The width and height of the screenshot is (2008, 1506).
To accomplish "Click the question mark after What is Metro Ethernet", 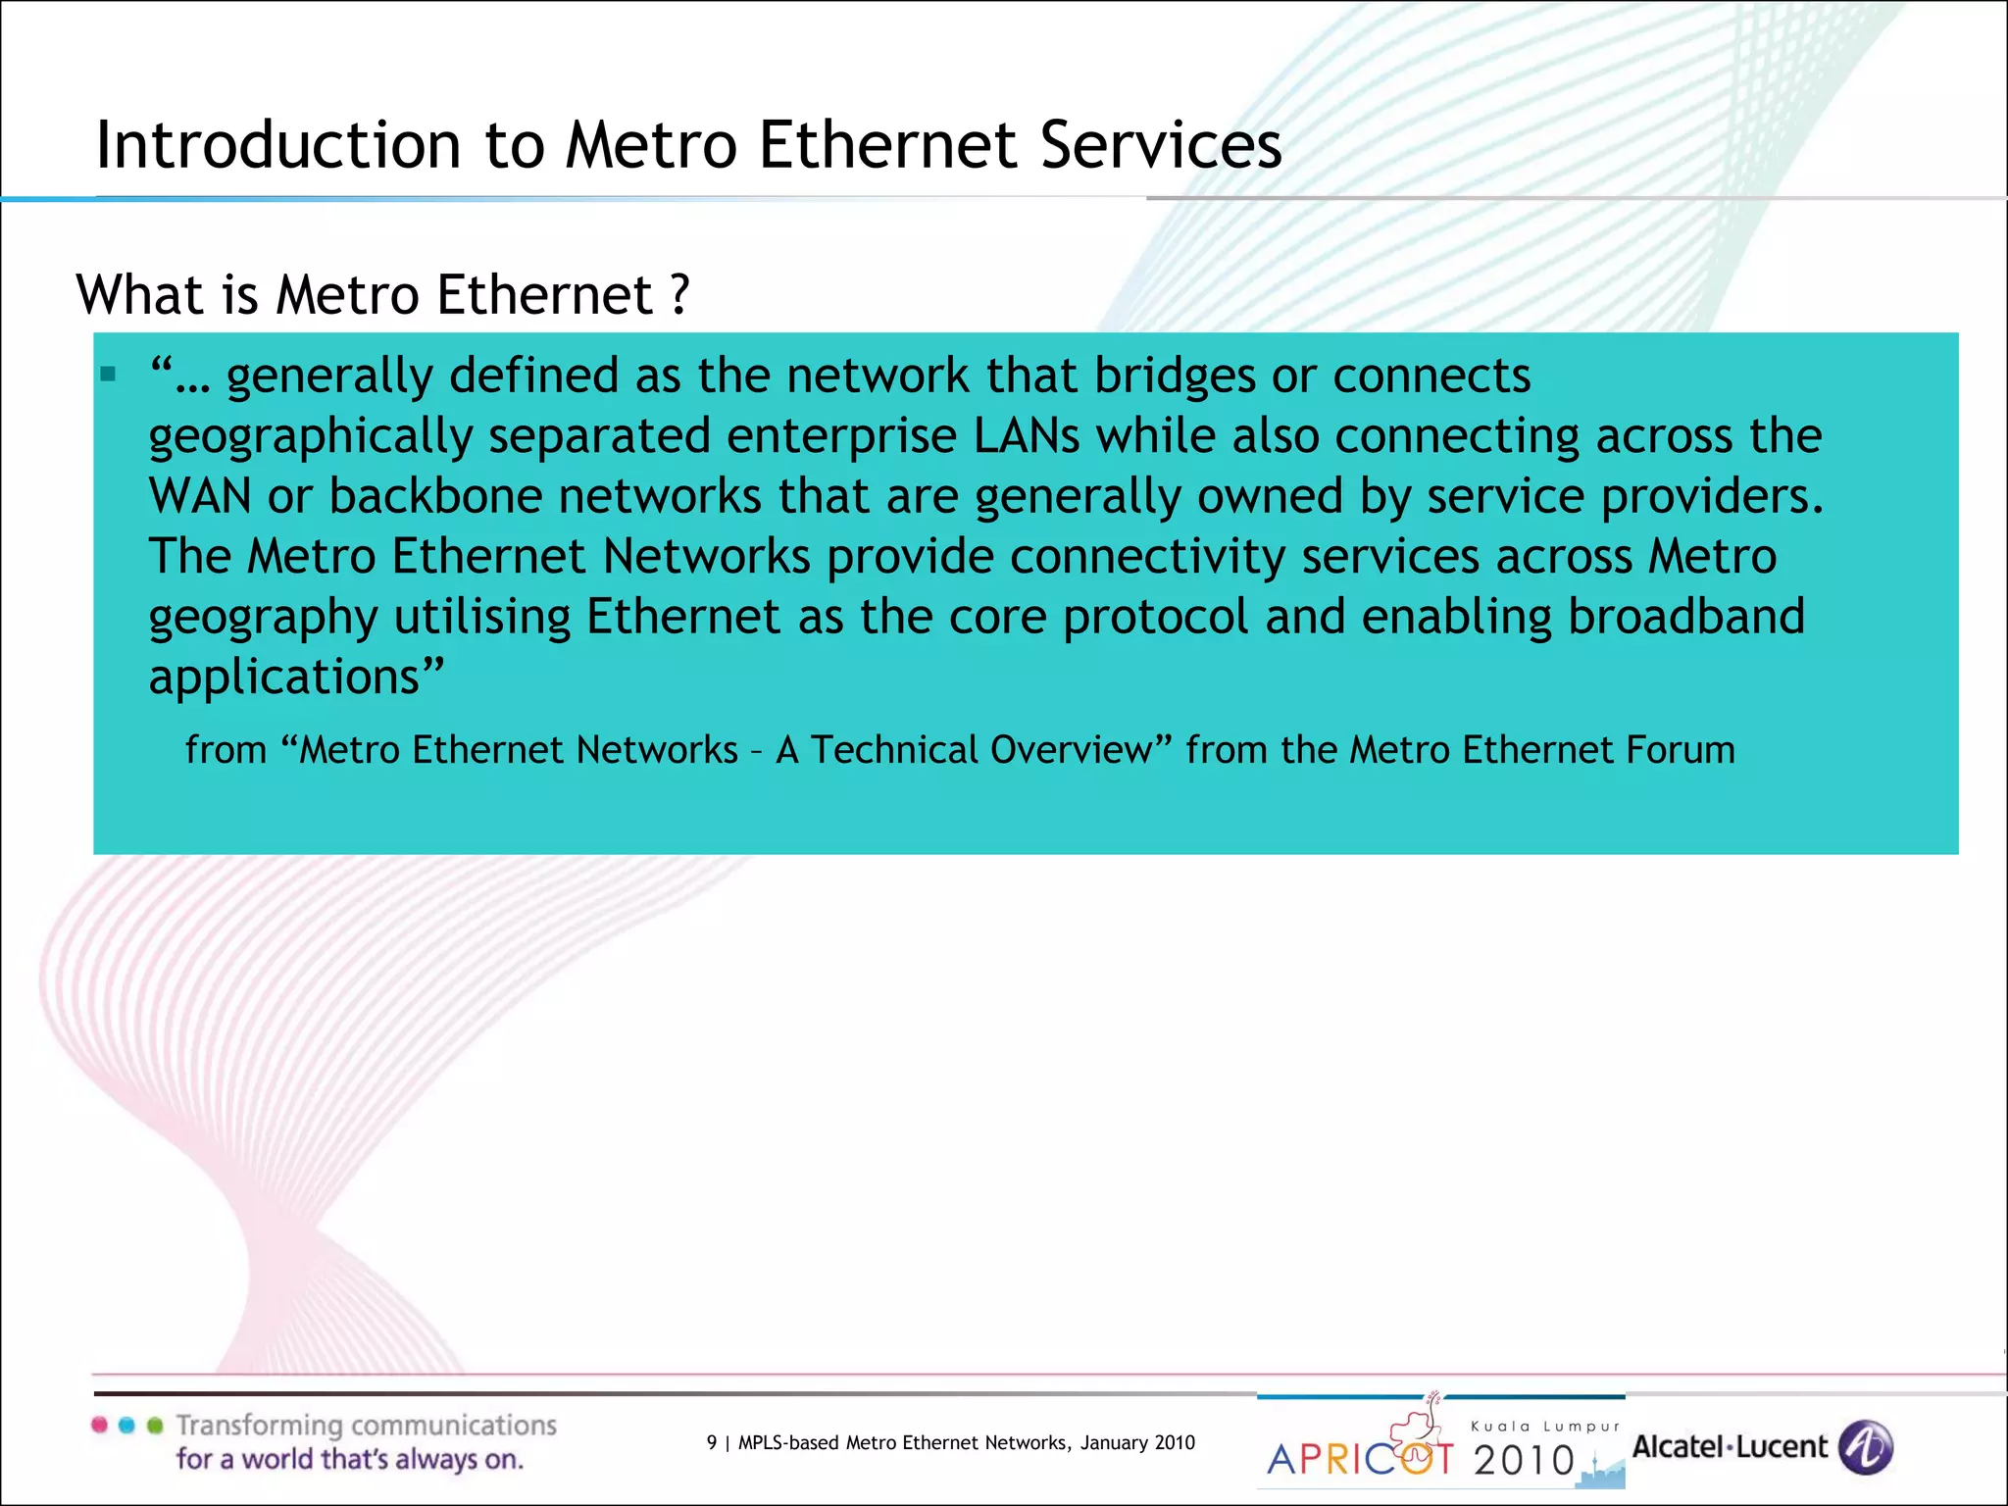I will [679, 294].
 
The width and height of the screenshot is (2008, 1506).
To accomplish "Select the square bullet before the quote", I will [108, 374].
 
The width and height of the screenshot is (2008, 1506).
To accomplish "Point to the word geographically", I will [311, 437].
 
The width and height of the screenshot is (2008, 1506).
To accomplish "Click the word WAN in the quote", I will [200, 496].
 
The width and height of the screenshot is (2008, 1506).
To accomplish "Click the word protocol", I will [1155, 617].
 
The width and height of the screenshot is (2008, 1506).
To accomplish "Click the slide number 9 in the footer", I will [712, 1442].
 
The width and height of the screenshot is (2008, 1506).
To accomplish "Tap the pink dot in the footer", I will [100, 1426].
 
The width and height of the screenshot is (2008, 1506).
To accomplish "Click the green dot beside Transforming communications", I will [155, 1426].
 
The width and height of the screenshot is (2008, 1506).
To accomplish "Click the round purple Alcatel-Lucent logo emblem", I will [1865, 1447].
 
